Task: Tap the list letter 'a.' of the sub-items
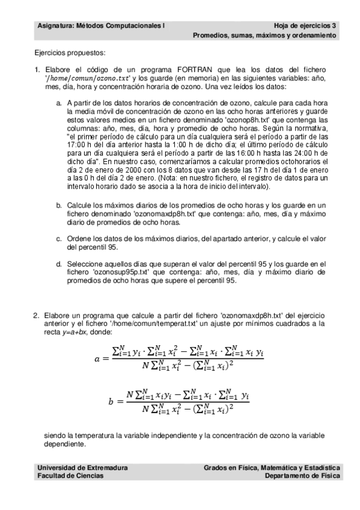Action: coord(59,103)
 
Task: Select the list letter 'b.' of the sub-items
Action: coord(59,205)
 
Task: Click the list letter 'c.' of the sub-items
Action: coord(59,238)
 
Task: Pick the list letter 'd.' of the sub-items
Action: coord(59,263)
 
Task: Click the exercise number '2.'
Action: coord(37,315)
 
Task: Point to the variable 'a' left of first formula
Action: coord(98,359)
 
